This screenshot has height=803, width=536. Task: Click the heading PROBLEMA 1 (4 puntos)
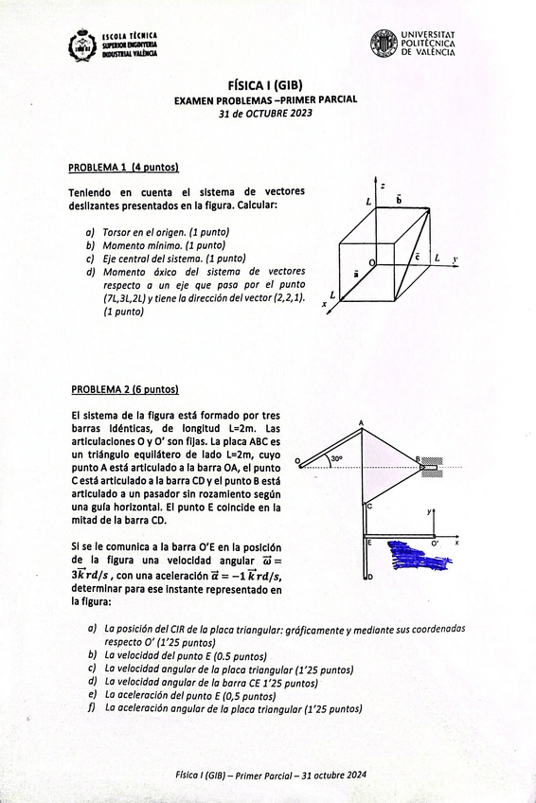point(123,168)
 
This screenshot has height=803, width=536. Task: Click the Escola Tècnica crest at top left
point(83,45)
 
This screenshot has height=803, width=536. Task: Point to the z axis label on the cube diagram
point(382,186)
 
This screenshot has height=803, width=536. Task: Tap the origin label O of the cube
point(371,261)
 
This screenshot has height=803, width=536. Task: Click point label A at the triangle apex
point(362,423)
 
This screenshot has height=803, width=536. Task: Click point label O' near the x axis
point(435,544)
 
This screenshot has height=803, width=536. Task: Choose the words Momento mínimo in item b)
point(141,244)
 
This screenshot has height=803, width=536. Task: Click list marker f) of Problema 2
point(92,707)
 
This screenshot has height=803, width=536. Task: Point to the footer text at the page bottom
point(271,775)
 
